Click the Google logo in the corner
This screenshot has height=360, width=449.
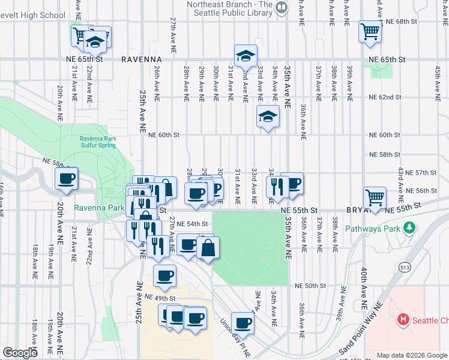point(20,353)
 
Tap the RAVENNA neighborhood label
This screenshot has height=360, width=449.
point(142,60)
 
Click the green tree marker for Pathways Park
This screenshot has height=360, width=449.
point(410,228)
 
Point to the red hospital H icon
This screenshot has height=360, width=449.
point(404,320)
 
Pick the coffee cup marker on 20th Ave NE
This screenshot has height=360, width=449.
point(67,178)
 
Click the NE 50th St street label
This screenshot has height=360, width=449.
point(310,287)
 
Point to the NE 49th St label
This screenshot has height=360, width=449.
point(160,298)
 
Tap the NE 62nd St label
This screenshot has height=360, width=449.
point(384,97)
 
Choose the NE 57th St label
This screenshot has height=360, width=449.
point(420,173)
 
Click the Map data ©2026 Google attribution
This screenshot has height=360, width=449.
point(412,355)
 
